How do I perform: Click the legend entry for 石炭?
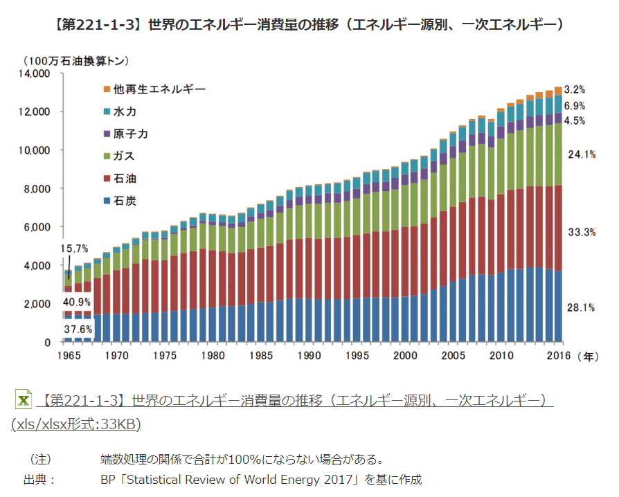coord(120,201)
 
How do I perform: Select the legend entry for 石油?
coord(120,179)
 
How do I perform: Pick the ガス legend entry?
coord(120,156)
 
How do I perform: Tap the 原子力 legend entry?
coord(125,134)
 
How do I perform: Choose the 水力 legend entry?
coord(120,111)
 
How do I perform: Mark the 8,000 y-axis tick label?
coord(37,188)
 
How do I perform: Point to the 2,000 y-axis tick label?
coord(37,304)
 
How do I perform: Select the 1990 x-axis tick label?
coord(309,356)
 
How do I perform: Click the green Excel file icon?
coord(23,399)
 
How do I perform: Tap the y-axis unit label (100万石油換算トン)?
coord(76,61)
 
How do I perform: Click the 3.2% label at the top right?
coord(575,89)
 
